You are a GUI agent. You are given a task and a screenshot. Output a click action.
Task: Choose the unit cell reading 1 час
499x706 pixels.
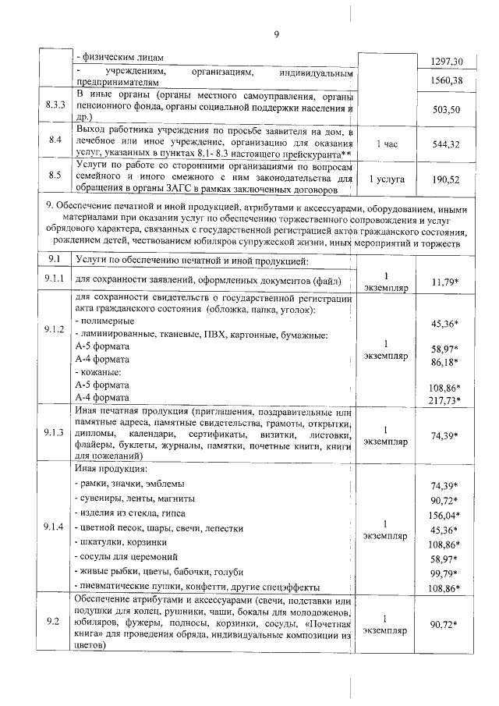pyautogui.click(x=389, y=144)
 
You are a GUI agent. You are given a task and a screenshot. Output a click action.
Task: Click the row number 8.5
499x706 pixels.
pyautogui.click(x=55, y=178)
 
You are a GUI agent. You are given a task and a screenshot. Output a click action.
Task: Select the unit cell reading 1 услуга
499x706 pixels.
pyautogui.click(x=389, y=178)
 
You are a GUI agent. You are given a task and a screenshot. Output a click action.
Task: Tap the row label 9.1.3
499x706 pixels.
pyautogui.click(x=55, y=434)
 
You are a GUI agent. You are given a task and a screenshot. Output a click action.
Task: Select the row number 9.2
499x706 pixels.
pyautogui.click(x=55, y=622)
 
